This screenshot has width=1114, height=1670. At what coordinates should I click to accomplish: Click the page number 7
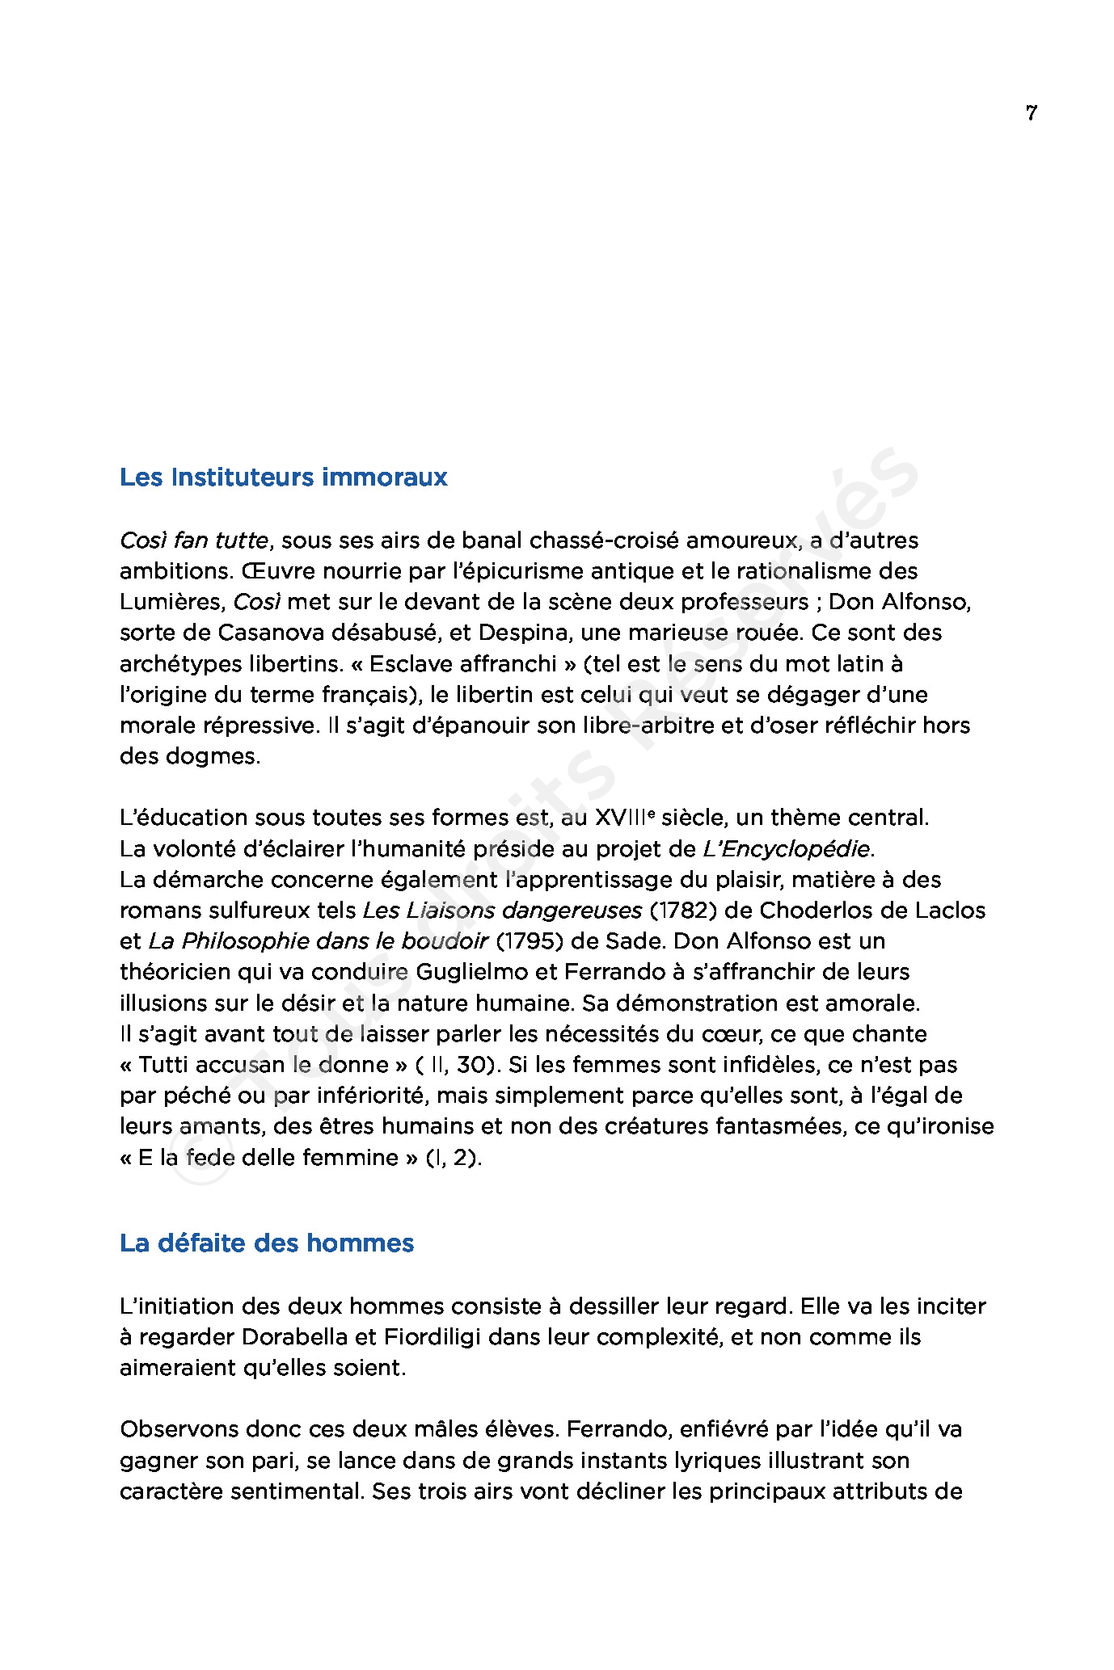pos(1031,113)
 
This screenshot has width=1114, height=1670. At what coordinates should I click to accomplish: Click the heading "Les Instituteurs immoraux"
pos(283,477)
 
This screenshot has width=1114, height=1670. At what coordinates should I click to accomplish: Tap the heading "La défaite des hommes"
pos(266,1243)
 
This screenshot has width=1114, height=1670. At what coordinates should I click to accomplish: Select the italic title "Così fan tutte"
pos(193,541)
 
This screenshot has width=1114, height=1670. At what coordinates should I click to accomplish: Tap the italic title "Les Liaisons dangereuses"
pos(502,911)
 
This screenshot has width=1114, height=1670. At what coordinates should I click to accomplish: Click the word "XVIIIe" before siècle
pos(624,818)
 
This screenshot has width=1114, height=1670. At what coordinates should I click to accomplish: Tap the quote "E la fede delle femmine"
pos(268,1158)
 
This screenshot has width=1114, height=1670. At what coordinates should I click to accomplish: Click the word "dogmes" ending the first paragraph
pos(218,756)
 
